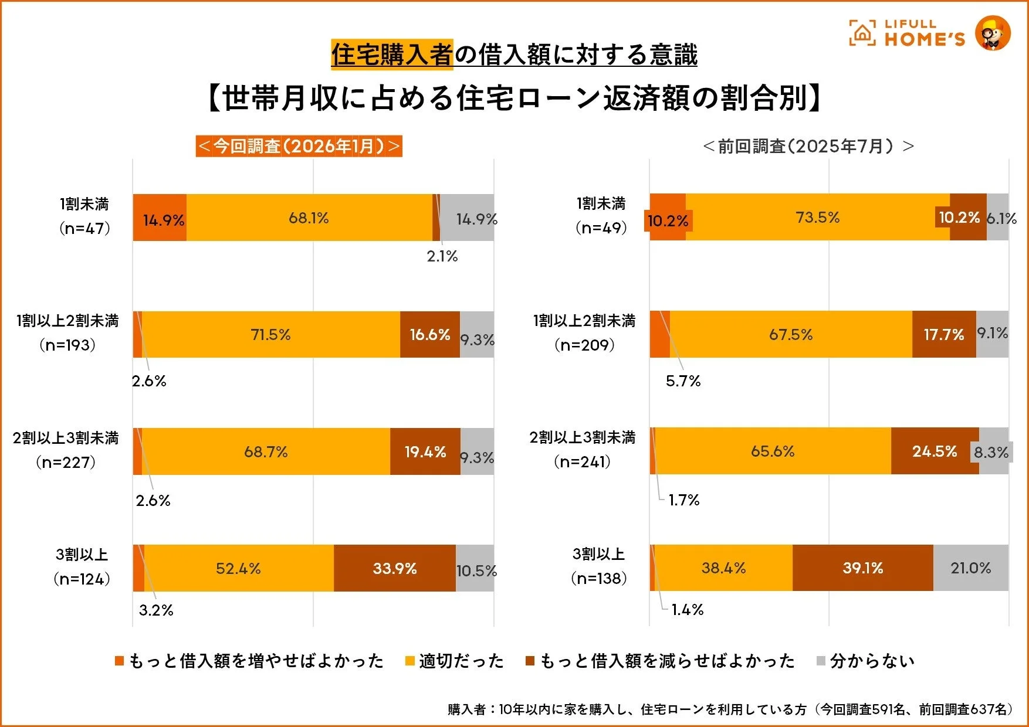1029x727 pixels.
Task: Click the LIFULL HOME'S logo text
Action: [x=924, y=33]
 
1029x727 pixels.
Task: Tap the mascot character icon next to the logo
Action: [x=993, y=33]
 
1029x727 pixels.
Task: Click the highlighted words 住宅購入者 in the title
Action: [x=392, y=55]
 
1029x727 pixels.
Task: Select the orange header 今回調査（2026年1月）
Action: [x=299, y=146]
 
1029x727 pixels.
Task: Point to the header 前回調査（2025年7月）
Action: [x=808, y=146]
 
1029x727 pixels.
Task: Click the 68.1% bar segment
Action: [x=309, y=218]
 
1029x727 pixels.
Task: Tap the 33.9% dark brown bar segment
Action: [x=395, y=568]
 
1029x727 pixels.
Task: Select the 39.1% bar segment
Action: [x=862, y=568]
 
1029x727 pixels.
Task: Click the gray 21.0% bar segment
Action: [x=971, y=568]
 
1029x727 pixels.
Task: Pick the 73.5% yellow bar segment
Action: [x=817, y=217]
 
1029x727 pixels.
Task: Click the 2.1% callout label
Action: [x=442, y=256]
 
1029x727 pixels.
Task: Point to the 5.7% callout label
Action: [x=683, y=381]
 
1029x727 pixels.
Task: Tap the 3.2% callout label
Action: [x=156, y=610]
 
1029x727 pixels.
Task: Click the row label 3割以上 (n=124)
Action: [x=82, y=567]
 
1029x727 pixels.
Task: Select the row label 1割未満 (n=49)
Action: [x=601, y=216]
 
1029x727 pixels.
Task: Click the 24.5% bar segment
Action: [x=935, y=451]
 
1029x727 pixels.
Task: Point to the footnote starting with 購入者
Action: [x=730, y=709]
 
